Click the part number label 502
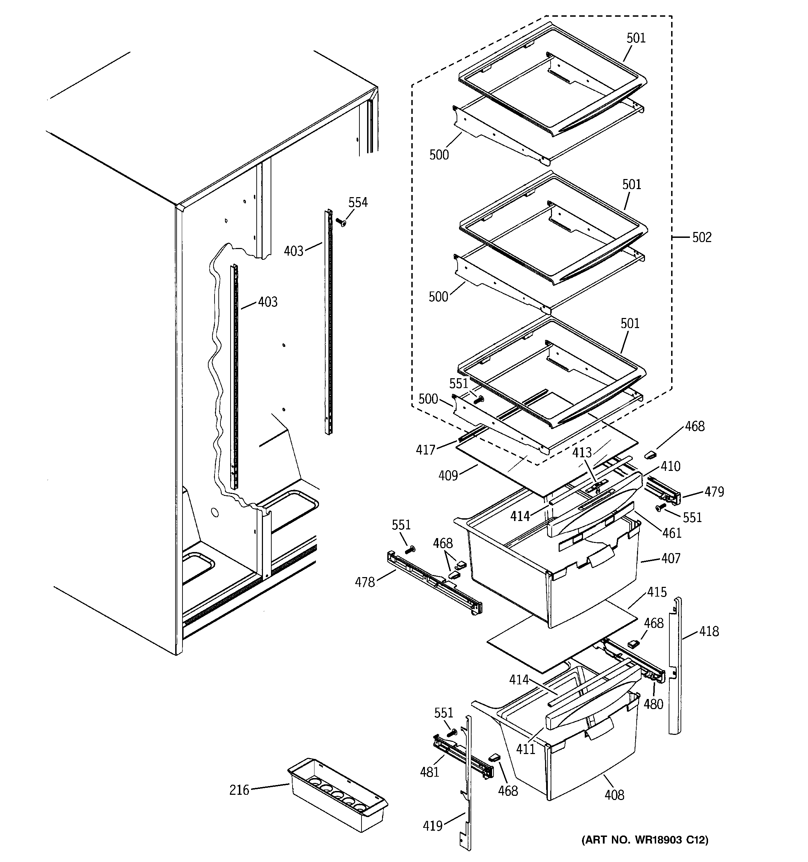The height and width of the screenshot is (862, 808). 702,238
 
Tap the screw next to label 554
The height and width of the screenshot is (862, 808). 341,223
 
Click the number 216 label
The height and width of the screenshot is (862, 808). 239,790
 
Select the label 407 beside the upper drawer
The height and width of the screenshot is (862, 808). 670,559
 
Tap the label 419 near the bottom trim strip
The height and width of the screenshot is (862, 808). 433,826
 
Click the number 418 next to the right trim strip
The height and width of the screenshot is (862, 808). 709,631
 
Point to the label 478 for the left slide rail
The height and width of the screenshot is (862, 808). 365,582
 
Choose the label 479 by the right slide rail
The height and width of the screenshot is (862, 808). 714,492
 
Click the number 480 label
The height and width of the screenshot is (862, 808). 653,704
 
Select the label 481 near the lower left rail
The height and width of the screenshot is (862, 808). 429,772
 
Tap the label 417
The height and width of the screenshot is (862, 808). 426,450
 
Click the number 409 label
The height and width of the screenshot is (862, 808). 448,476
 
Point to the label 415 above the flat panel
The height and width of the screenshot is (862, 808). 656,592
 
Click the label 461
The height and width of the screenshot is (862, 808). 672,533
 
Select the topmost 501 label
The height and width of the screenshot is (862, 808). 636,38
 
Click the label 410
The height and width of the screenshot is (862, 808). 670,467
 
